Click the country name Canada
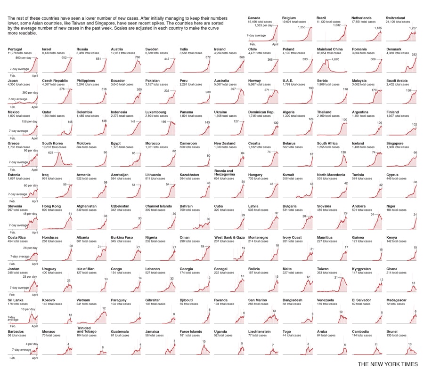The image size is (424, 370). pos(254,18)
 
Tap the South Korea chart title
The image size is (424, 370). pos(52,144)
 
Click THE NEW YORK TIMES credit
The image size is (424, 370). pos(387,364)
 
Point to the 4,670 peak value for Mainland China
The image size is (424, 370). pos(334,59)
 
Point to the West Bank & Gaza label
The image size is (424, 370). pos(229,238)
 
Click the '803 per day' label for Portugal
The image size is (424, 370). pos(23,57)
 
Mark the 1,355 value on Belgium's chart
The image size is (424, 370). pos(302,27)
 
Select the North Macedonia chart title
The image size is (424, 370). pos(331,175)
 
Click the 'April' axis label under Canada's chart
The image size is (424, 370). pos(275,44)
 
